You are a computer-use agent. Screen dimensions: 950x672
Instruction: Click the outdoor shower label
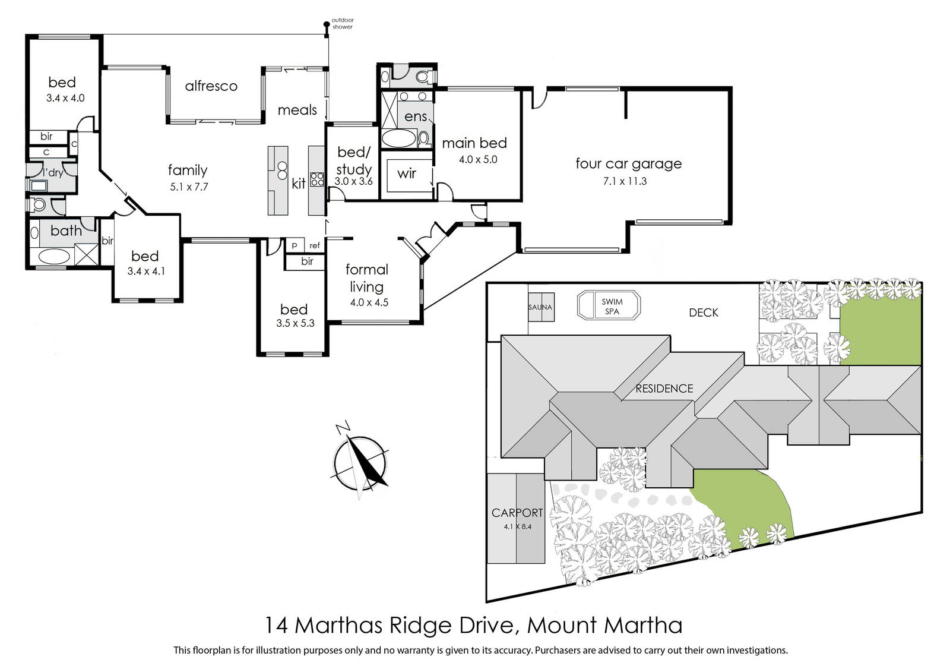[342, 23]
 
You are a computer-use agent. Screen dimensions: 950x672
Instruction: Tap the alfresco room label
[211, 86]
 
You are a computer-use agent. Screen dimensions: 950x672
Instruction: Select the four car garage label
[628, 163]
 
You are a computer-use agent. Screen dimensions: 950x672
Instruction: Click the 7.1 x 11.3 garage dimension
[625, 181]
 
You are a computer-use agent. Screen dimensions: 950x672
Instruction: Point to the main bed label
[474, 143]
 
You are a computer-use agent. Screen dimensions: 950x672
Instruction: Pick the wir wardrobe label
[406, 173]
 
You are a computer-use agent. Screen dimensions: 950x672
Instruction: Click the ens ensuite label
[415, 116]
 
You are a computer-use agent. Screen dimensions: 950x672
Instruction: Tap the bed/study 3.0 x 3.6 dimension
[354, 181]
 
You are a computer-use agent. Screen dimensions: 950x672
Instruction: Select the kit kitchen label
[299, 184]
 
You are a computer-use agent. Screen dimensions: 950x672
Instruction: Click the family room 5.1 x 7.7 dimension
[189, 187]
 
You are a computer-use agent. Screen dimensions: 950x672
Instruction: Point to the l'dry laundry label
[53, 172]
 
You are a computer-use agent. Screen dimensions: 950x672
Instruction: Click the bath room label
[66, 231]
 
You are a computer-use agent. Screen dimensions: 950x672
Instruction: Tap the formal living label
[367, 278]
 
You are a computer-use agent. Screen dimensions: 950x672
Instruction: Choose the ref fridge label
[315, 245]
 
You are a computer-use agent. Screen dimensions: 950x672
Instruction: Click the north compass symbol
[360, 462]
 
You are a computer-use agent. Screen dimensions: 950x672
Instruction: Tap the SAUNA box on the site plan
[541, 307]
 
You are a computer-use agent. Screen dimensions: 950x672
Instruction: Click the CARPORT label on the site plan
[517, 513]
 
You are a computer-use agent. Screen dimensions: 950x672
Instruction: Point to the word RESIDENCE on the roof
[664, 389]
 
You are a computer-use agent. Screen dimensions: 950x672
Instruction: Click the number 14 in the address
[276, 625]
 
